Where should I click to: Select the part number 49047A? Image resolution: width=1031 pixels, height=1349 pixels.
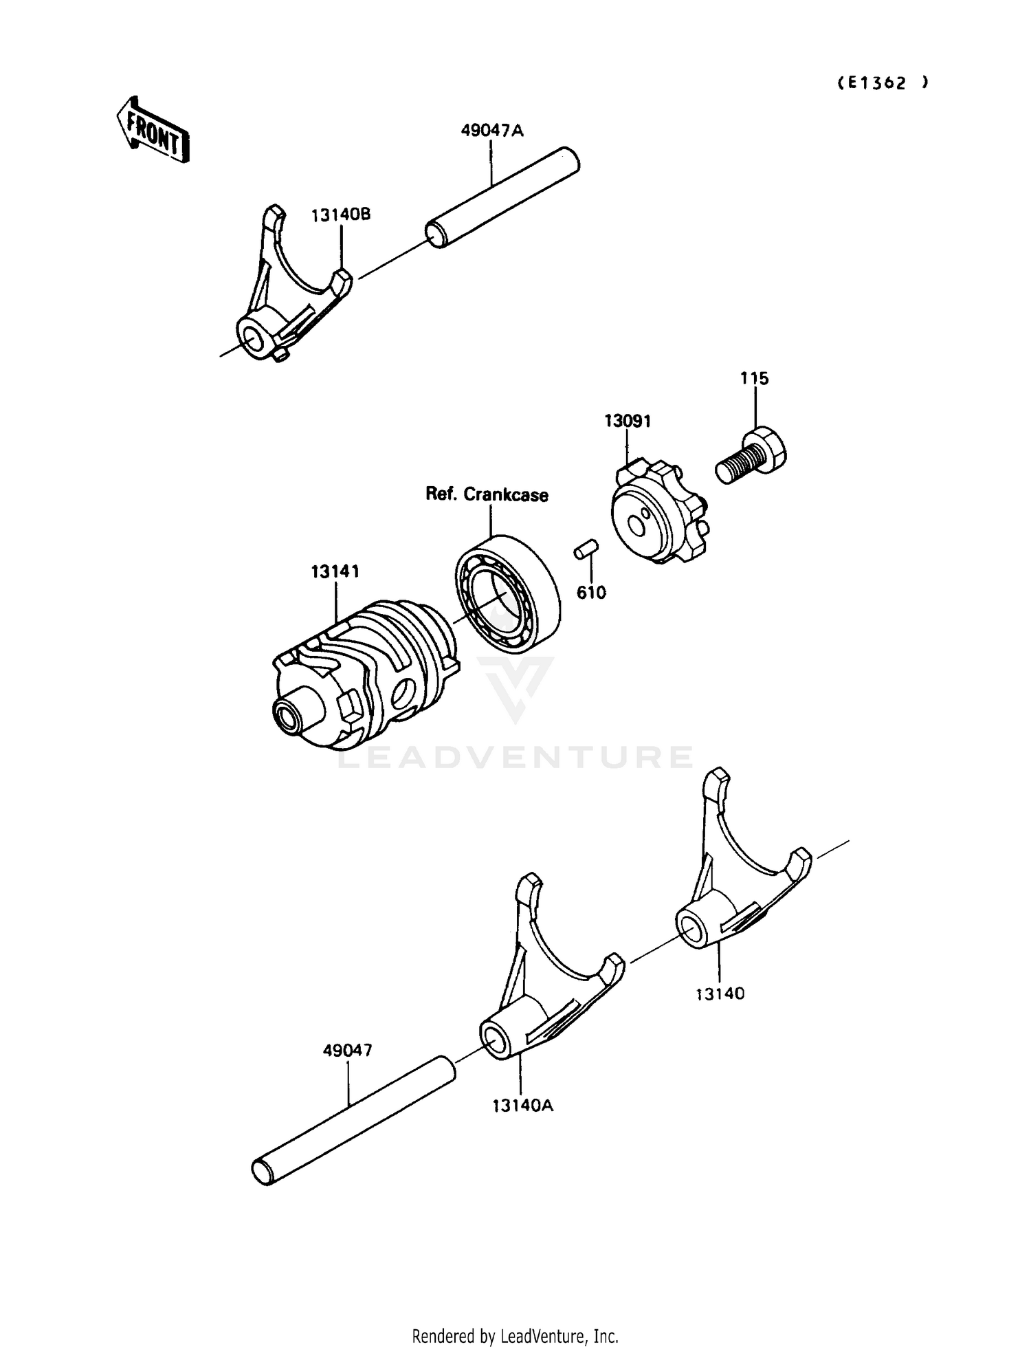pyautogui.click(x=491, y=130)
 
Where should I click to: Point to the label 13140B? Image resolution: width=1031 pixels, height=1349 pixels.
pyautogui.click(x=341, y=215)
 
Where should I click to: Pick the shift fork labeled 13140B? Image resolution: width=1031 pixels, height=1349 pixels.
pyautogui.click(x=289, y=296)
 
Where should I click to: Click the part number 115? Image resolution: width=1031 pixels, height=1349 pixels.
pyautogui.click(x=754, y=378)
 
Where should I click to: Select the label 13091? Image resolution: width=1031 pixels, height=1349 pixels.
pyautogui.click(x=628, y=421)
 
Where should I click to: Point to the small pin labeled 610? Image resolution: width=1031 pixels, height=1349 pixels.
pyautogui.click(x=586, y=550)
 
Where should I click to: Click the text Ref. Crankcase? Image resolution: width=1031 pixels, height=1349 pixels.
pyautogui.click(x=487, y=494)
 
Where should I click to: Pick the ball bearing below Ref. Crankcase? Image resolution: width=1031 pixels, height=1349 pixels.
pyautogui.click(x=507, y=592)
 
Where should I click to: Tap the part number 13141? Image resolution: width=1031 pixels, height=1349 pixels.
pyautogui.click(x=335, y=571)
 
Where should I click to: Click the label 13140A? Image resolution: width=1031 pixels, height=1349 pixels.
pyautogui.click(x=522, y=1106)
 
